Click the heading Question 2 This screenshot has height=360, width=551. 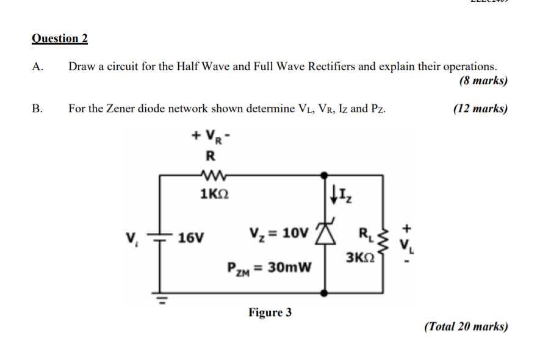click(59, 38)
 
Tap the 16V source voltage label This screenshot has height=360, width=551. click(191, 237)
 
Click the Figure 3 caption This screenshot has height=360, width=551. click(270, 313)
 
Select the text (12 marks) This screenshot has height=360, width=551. click(480, 109)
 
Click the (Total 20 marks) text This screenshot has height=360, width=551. click(466, 326)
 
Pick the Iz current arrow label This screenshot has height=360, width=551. click(340, 196)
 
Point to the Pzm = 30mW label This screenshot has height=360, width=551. click(268, 267)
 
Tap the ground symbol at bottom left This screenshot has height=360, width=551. click(161, 299)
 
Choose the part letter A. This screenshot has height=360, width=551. click(37, 67)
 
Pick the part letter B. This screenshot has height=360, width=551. click(37, 109)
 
